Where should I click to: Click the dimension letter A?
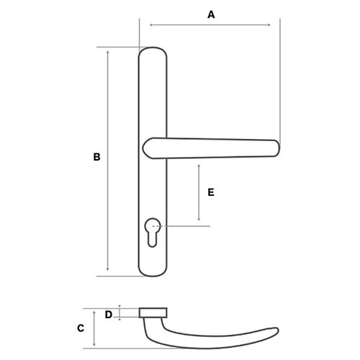tap(211, 15)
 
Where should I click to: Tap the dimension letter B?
tap(96, 157)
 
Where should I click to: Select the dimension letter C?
tap(81, 328)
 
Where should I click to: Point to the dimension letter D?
tap(109, 315)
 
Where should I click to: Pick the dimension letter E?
tap(211, 192)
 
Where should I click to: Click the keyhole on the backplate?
tap(153, 232)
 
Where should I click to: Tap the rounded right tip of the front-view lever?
tap(277, 148)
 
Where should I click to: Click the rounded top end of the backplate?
tap(153, 49)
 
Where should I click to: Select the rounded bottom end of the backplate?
tap(153, 274)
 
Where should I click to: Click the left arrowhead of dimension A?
tap(151, 24)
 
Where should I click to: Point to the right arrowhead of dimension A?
tap(269, 24)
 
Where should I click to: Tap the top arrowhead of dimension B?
tap(108, 53)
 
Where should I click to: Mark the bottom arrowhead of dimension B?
tap(108, 269)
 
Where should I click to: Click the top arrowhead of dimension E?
tap(199, 166)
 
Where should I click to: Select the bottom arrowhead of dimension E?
tap(199, 219)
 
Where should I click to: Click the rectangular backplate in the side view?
tap(153, 312)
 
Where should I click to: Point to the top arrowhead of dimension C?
tap(94, 312)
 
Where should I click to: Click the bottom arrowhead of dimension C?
tap(94, 344)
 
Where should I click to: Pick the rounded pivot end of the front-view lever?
tap(147, 148)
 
